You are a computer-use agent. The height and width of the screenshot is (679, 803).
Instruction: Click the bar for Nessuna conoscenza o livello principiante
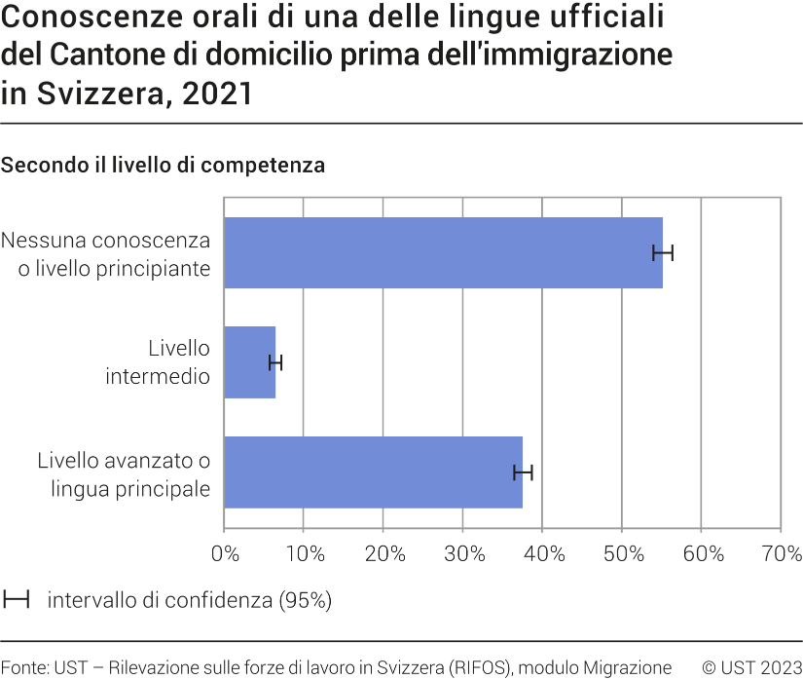(443, 252)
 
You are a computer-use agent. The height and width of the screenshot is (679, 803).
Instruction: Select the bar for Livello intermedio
(249, 362)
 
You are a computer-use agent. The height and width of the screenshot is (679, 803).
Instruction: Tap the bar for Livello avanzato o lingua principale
(373, 472)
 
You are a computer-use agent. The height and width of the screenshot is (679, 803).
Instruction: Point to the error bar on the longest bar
(663, 253)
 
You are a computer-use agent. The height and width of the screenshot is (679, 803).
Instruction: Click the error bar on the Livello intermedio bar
(275, 363)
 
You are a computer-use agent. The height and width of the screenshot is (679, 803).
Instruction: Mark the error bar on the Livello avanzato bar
(523, 472)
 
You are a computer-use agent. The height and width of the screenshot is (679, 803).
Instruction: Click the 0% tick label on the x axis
(225, 554)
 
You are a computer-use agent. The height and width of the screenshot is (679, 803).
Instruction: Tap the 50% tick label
(623, 554)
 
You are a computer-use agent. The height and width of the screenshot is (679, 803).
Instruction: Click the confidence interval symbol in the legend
(16, 600)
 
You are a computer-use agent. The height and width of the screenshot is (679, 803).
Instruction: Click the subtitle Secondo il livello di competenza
(163, 166)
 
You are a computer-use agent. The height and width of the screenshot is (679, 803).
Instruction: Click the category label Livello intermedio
(158, 361)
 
